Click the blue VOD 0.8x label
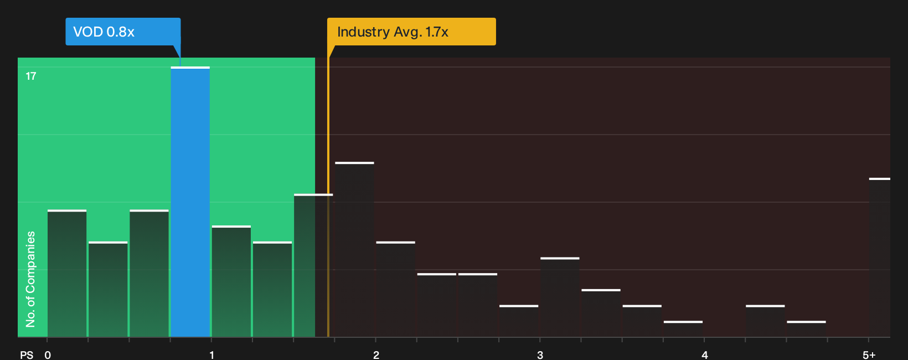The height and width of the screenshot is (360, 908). tap(123, 32)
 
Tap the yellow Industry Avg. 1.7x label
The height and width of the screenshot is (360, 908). tap(411, 32)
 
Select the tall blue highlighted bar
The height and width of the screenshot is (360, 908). tap(190, 202)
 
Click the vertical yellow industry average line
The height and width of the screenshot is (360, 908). tap(328, 197)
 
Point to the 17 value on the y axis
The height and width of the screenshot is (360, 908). tap(31, 76)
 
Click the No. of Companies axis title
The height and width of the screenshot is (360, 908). tap(30, 279)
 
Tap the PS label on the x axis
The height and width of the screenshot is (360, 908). tap(27, 355)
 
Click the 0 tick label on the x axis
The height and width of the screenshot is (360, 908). tap(48, 355)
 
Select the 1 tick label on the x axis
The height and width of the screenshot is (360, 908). tap(211, 355)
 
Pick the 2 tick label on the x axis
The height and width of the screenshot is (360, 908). tap(376, 355)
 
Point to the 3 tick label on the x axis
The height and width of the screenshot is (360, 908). tap(540, 355)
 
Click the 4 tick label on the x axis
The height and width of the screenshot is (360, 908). tap(704, 355)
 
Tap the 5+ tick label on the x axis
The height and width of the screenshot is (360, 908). tap(869, 355)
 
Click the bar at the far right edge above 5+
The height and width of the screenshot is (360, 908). tap(880, 258)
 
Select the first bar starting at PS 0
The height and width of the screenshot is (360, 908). tap(67, 273)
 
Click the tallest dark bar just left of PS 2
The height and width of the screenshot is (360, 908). tap(355, 249)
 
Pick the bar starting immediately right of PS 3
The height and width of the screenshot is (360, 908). tap(560, 297)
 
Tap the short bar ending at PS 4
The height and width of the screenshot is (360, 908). tap(683, 329)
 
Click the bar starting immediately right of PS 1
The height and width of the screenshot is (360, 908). tap(231, 281)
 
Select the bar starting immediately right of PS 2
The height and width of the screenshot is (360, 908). tap(396, 289)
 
